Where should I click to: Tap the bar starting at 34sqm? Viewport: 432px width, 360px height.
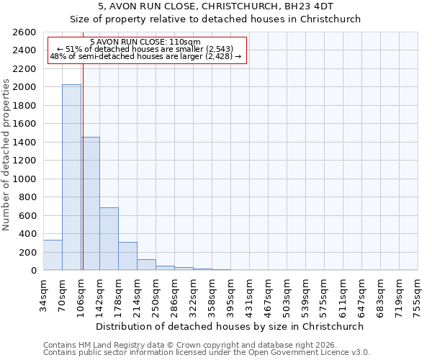click(53, 255)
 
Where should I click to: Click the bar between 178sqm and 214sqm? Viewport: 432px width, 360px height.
click(127, 256)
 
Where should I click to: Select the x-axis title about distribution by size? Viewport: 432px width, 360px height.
click(230, 326)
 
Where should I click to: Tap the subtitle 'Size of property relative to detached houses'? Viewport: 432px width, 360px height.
click(215, 19)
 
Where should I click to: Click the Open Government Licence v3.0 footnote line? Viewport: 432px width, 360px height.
click(206, 353)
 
